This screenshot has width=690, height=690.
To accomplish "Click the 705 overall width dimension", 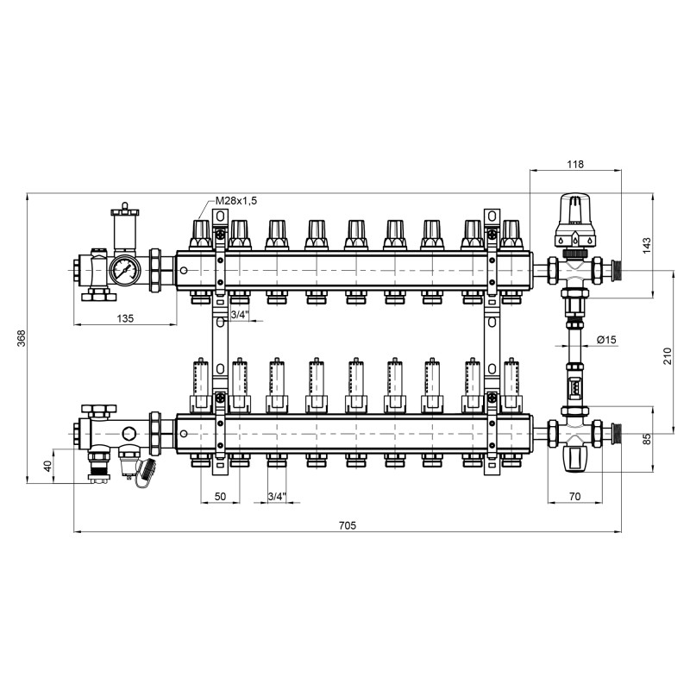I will [347, 525].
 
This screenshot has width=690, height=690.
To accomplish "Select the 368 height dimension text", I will [22, 339].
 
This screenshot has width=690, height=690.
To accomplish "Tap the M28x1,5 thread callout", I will [236, 200].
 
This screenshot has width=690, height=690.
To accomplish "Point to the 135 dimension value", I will [125, 318].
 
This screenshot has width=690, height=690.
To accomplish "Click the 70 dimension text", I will [576, 497].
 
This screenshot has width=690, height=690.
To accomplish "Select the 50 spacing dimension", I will [220, 497].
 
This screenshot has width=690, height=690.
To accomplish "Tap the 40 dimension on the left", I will [47, 465].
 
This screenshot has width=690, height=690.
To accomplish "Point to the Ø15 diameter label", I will [606, 340].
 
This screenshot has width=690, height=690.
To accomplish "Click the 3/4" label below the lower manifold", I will [277, 497].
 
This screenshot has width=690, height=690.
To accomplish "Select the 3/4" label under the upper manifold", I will [241, 316].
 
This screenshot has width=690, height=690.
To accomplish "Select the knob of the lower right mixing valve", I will [574, 457].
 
